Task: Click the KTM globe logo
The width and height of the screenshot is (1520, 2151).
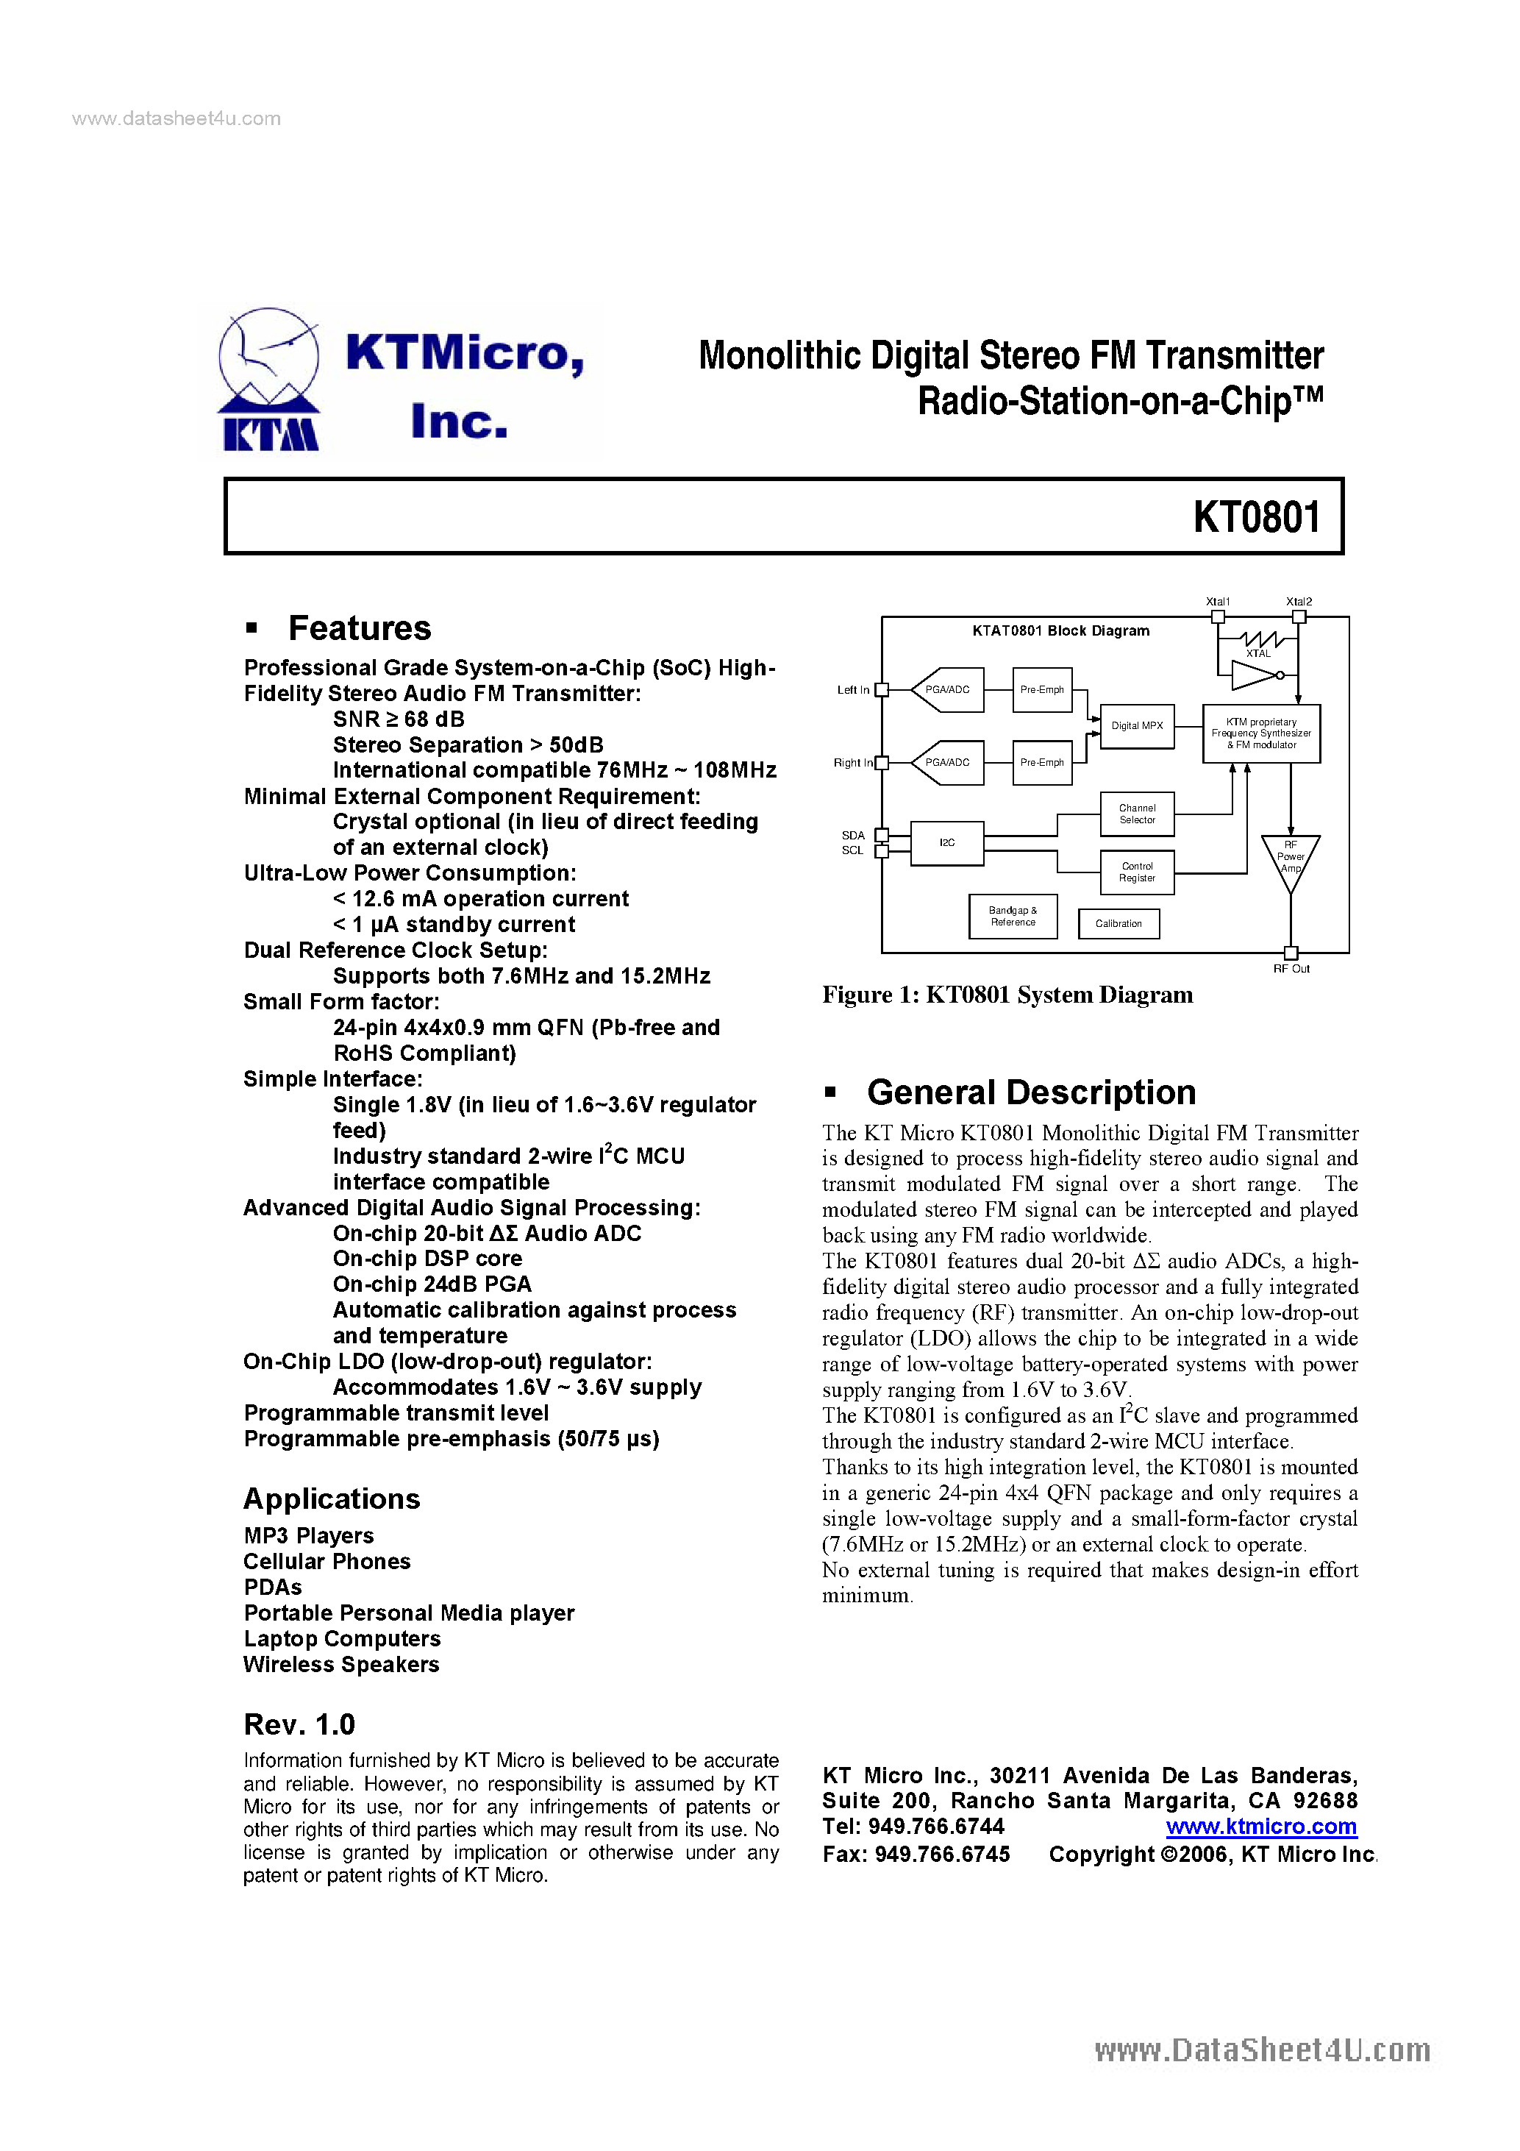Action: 269,380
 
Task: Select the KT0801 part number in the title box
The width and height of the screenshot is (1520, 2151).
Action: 1256,517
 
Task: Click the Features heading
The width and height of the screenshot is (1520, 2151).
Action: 359,627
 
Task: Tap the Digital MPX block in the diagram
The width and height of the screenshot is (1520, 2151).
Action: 1137,726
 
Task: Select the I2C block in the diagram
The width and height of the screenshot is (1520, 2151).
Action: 947,843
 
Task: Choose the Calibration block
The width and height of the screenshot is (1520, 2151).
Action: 1118,924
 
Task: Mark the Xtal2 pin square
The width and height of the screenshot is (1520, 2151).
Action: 1299,616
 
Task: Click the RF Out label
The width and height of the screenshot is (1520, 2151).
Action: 1291,969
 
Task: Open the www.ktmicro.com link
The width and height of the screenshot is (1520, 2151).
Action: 1260,1827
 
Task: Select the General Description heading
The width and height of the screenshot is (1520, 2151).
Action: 1031,1092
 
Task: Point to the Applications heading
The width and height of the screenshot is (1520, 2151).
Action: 332,1499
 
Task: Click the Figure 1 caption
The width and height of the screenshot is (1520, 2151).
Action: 1007,995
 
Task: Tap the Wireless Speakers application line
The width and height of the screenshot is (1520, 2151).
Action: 341,1665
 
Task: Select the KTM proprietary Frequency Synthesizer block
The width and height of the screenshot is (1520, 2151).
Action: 1260,733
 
